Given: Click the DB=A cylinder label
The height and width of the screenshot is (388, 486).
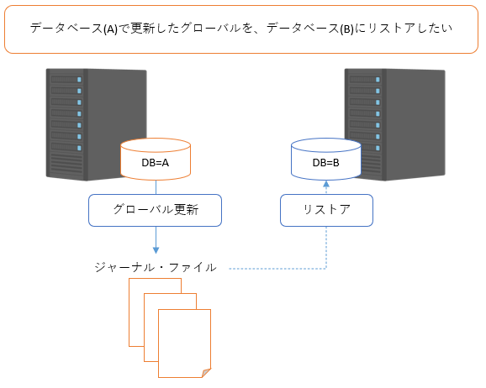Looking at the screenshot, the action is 156,163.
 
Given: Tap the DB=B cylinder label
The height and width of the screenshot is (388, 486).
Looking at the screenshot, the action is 325,163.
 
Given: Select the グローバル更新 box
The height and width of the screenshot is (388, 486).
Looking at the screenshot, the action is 155,210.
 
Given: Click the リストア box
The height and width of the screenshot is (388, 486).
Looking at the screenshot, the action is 326,210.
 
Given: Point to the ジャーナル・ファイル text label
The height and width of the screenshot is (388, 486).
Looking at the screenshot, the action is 156,267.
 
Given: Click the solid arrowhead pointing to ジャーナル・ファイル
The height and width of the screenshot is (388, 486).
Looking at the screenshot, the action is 156,250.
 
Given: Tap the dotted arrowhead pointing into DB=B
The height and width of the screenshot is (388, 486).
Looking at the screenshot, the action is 326,184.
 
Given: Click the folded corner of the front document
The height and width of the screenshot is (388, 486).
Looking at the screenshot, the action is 206,373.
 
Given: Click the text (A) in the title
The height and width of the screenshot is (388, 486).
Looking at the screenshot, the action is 110,29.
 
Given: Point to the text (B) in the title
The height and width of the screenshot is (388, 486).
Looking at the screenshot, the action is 346,29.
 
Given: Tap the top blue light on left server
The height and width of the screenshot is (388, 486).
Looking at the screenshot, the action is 79,80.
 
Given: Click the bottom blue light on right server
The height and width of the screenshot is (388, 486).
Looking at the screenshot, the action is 378,148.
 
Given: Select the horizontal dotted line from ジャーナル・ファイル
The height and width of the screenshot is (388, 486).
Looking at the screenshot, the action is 277,269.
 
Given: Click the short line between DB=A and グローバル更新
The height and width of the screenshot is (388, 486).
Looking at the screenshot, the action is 156,187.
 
